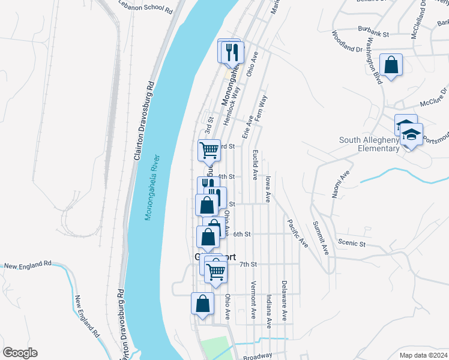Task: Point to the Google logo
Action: point(20,353)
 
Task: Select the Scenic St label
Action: point(352,244)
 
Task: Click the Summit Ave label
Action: point(321,238)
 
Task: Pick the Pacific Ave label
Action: point(297,233)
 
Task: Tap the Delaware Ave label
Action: point(284,300)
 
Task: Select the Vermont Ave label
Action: point(253,299)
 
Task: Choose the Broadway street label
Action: point(258,356)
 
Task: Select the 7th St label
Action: point(248,264)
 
